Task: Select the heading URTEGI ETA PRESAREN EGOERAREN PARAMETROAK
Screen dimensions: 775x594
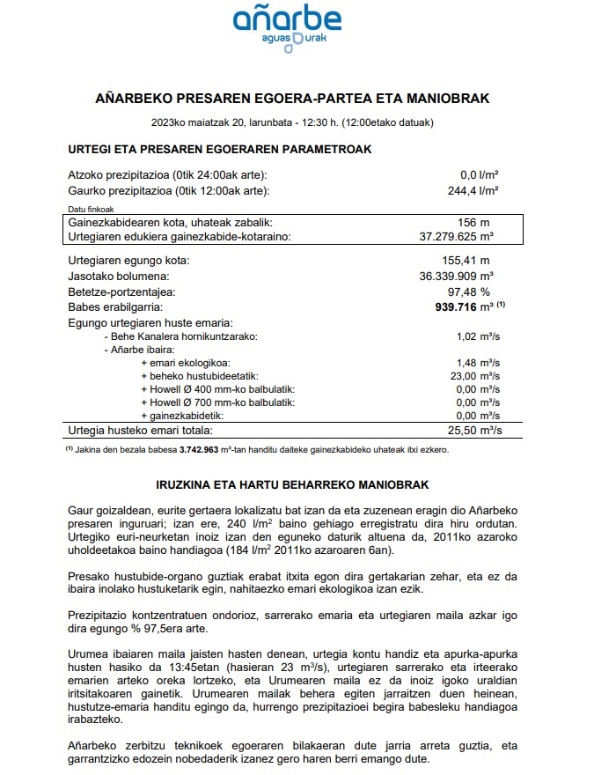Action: pyautogui.click(x=219, y=149)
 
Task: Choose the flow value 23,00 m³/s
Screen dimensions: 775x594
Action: pyautogui.click(x=476, y=375)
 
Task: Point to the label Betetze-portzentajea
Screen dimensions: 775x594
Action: pyautogui.click(x=121, y=292)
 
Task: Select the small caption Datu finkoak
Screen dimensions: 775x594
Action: pyautogui.click(x=88, y=209)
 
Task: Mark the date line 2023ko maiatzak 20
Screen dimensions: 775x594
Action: pyautogui.click(x=291, y=122)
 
